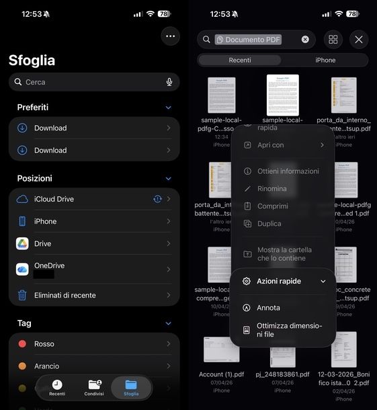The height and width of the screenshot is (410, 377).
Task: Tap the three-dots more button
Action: click(170, 36)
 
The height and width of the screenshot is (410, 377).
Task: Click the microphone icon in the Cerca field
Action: click(169, 82)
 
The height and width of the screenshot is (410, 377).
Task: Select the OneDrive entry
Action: click(49, 266)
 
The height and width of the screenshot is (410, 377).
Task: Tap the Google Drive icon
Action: click(22, 243)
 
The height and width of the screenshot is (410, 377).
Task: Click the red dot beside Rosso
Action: click(22, 343)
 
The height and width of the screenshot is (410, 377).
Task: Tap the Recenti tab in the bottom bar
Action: click(57, 388)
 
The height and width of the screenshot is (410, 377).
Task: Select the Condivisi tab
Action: click(94, 388)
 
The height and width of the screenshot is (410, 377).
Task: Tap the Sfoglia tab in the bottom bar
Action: click(131, 388)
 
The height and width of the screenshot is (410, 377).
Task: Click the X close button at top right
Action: click(358, 40)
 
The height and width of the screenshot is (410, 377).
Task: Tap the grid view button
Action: click(333, 40)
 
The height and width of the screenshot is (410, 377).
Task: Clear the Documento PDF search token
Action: click(305, 40)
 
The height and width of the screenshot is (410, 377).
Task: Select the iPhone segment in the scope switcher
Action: click(325, 60)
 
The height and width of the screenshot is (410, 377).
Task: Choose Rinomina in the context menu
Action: click(271, 189)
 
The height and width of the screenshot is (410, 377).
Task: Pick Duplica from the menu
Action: click(269, 224)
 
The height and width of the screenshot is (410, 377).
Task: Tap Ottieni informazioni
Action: click(288, 171)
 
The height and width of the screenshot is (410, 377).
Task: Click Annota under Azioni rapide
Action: click(268, 308)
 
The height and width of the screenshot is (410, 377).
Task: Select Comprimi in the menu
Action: click(272, 206)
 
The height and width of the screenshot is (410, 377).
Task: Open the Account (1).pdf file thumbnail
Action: click(222, 350)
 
